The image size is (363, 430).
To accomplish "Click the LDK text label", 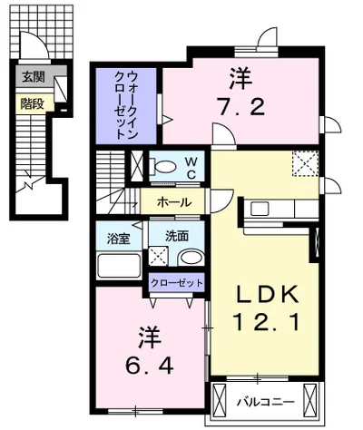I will tap(266, 296).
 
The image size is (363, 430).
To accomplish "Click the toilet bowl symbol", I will tap(166, 167).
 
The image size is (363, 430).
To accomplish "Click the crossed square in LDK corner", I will tap(304, 164).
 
